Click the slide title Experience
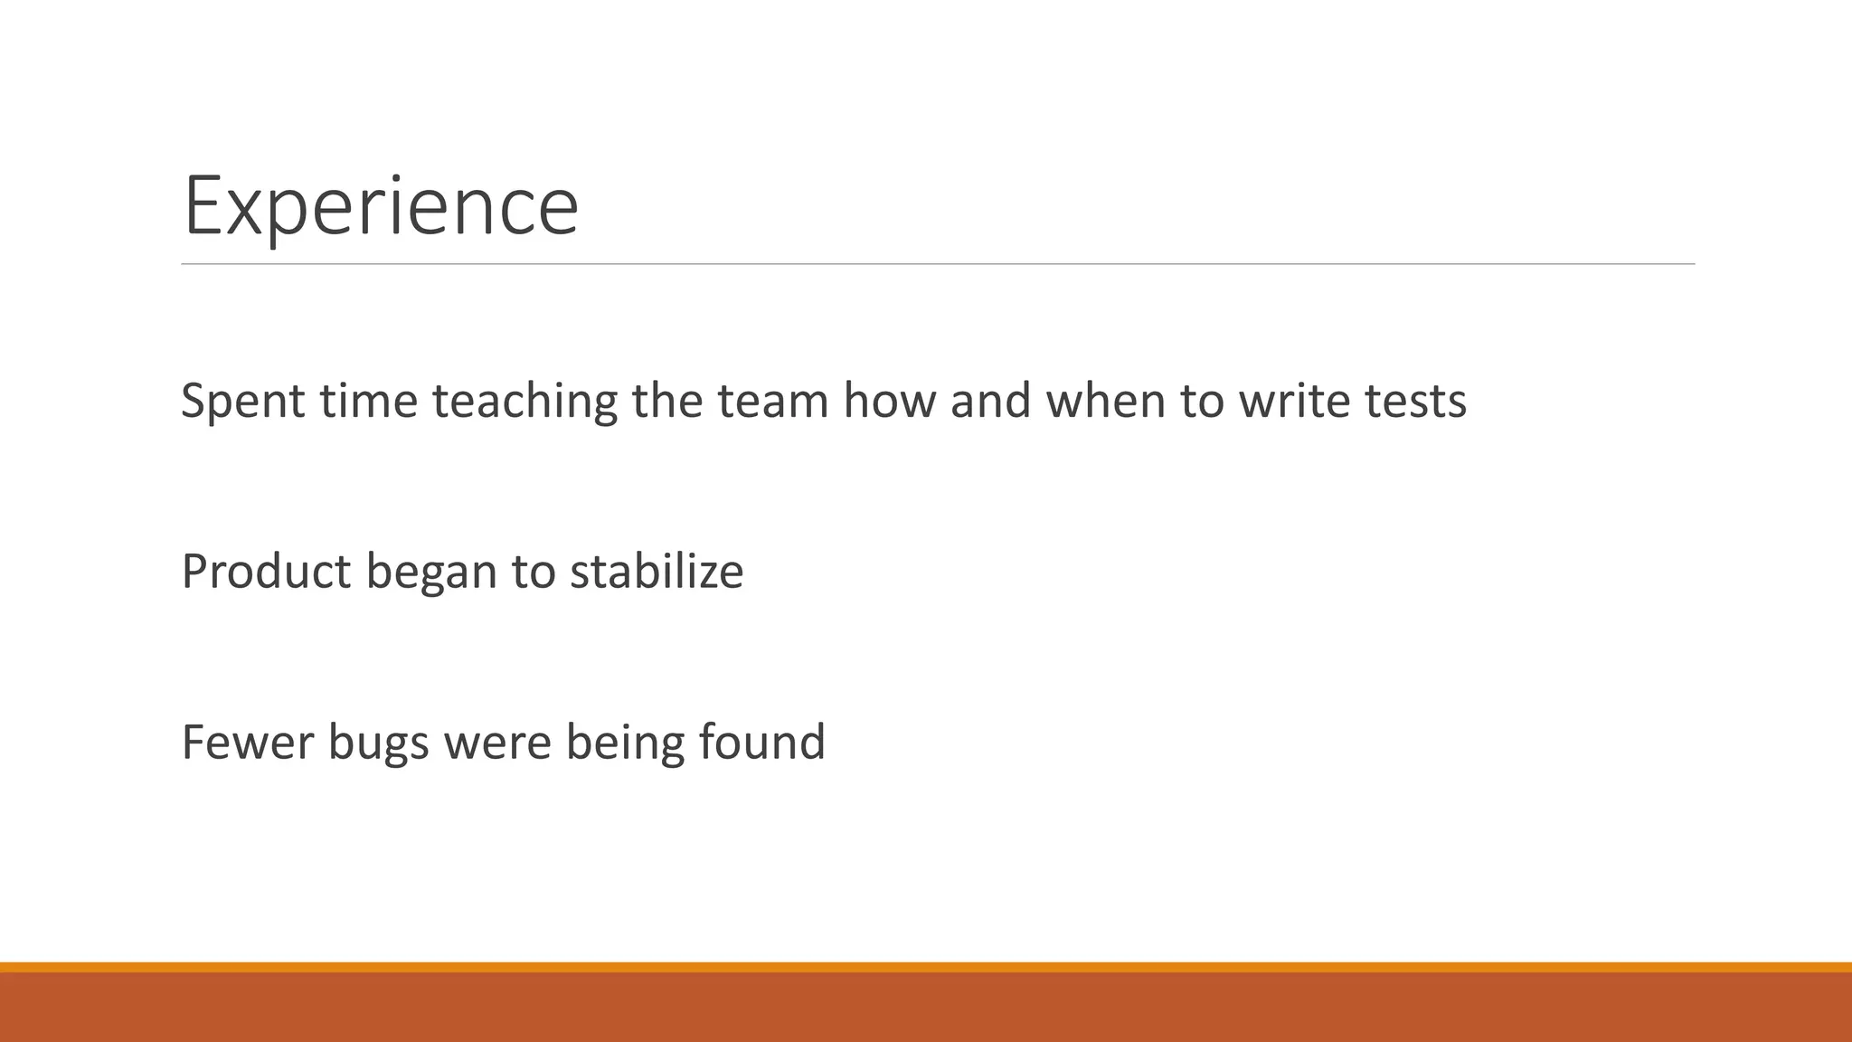(380, 206)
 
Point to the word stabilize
(657, 572)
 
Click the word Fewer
(247, 743)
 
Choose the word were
(497, 743)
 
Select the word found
(761, 743)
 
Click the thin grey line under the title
(937, 264)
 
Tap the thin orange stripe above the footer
(926, 967)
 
